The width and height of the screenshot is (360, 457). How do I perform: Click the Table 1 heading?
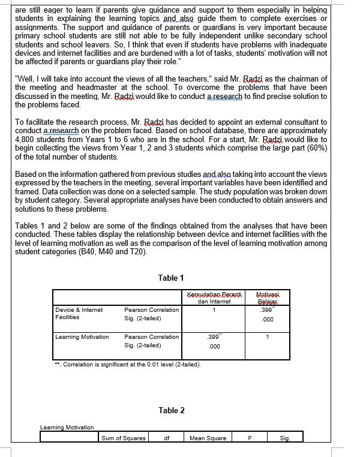[171, 278]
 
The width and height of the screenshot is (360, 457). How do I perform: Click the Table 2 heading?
[172, 410]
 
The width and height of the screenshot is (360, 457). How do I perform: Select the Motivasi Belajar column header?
[264, 298]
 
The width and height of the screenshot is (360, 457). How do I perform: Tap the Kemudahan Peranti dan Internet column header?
[214, 298]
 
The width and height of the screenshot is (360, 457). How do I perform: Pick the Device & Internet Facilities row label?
[79, 314]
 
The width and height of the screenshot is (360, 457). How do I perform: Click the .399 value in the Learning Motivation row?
[214, 337]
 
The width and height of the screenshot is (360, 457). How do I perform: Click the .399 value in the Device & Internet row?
[264, 310]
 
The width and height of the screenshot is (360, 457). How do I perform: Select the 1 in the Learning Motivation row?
[268, 337]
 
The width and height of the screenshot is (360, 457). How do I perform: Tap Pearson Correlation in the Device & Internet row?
[151, 310]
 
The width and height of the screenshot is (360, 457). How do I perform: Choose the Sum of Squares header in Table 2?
[124, 438]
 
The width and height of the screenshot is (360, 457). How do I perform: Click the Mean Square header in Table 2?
[208, 438]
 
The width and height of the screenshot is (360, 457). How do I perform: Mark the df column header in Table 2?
[167, 438]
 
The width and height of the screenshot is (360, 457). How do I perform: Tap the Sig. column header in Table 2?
[284, 438]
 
